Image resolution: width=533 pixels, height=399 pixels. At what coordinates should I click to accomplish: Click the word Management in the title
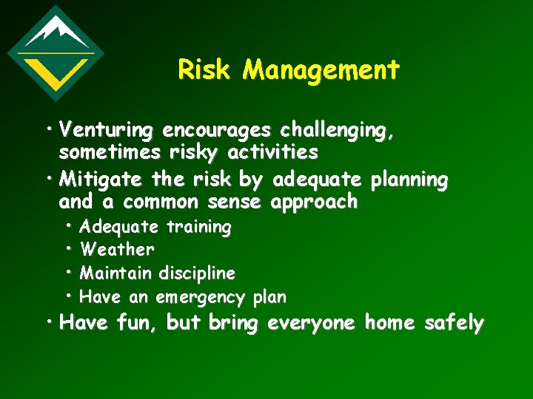coord(321,70)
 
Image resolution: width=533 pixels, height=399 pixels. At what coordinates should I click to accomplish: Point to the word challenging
coord(336,132)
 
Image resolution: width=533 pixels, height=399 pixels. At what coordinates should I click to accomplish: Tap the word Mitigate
coord(102,180)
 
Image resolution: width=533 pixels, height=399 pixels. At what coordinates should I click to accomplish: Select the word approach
coord(315,202)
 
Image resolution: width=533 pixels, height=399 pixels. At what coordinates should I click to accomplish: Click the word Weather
coord(117,250)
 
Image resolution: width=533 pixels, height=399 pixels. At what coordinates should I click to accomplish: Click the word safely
coord(454,324)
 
